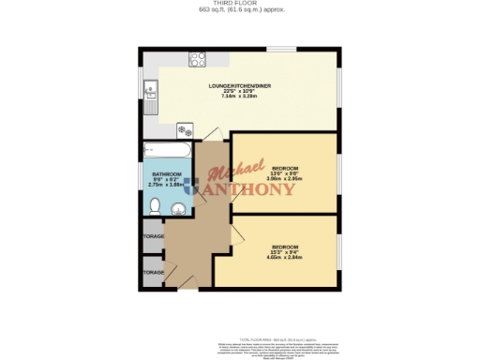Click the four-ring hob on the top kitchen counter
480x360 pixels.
tap(199, 60)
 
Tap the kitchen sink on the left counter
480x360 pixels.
tap(150, 91)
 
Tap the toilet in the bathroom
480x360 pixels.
tap(156, 206)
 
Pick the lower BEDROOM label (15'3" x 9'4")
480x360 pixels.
tap(285, 247)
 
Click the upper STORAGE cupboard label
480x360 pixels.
tap(153, 237)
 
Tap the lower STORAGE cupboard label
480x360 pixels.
tap(153, 272)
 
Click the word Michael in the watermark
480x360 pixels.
tap(232, 174)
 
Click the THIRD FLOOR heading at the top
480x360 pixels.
tap(240, 4)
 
